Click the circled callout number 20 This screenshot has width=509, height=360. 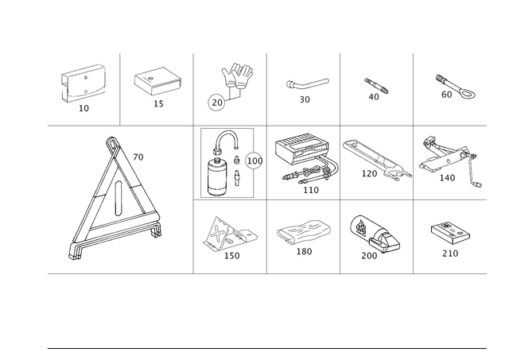coord(216,103)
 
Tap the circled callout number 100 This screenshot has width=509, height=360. coord(254,161)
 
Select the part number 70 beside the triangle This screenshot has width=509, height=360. coord(138,157)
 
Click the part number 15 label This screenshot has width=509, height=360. coord(158,104)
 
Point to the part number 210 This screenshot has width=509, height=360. coord(450,254)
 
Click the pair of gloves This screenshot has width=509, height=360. coord(238,76)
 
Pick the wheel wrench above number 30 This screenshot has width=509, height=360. coord(307,83)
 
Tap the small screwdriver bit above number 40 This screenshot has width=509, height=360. coord(376,85)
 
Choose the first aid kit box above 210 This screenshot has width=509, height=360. coord(450,234)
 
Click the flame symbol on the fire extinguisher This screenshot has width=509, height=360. coord(361,226)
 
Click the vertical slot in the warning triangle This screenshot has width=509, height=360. coord(119,198)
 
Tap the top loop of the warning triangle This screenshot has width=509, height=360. coord(111,143)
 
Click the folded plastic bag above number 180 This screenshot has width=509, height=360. coord(304,232)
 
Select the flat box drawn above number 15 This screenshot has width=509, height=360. coord(157,81)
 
